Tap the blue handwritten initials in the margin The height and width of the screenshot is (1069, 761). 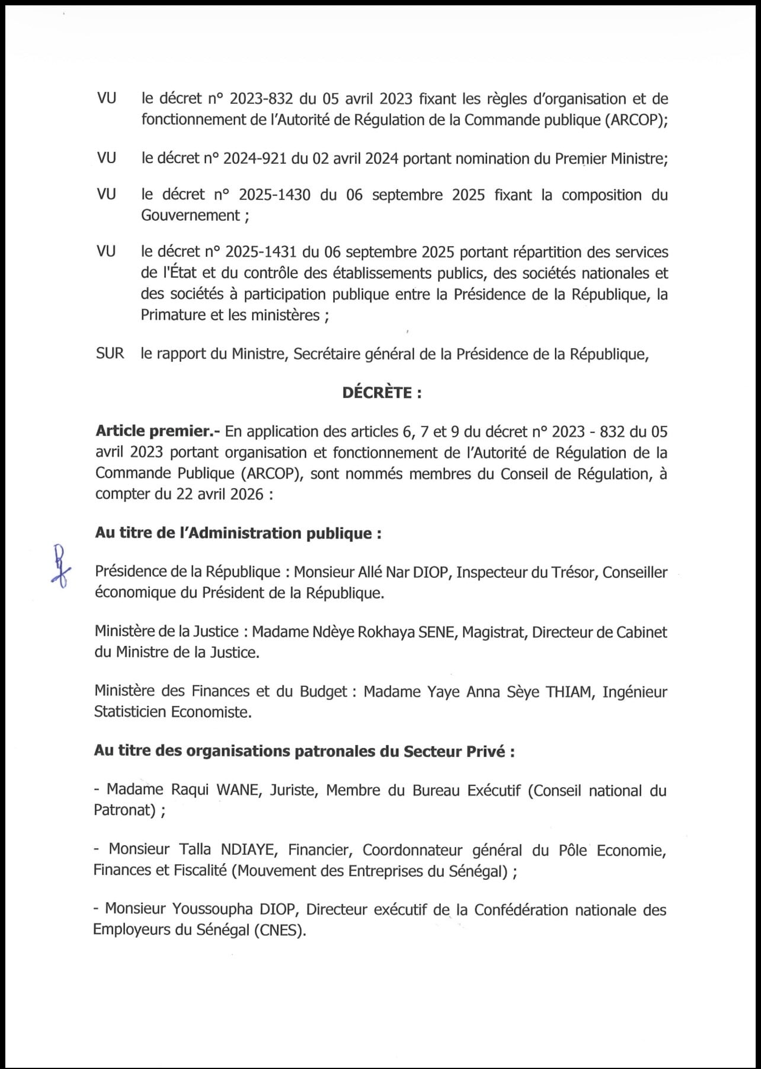click(x=60, y=566)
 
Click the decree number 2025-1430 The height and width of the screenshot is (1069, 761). click(x=274, y=195)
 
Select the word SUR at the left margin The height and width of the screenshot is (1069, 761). click(x=110, y=354)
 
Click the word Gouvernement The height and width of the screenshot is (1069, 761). click(x=190, y=215)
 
